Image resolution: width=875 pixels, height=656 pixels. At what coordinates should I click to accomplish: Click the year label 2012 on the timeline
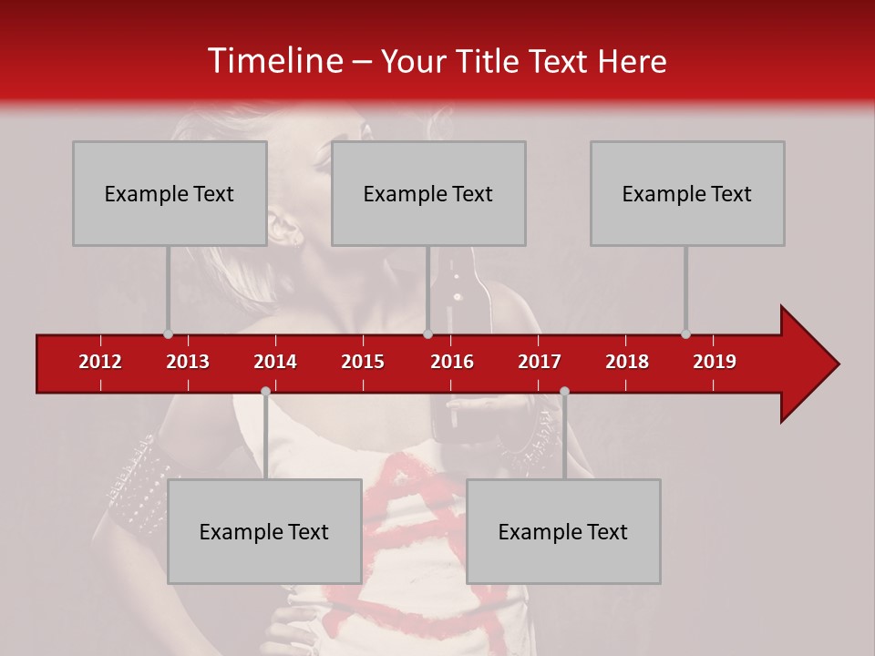100,362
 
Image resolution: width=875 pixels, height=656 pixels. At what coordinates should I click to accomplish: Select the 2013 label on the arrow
188,362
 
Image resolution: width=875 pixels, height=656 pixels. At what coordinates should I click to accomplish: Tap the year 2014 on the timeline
275,362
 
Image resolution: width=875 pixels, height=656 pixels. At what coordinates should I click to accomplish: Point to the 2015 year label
363,362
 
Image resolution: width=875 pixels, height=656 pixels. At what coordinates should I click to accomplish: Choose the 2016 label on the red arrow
452,362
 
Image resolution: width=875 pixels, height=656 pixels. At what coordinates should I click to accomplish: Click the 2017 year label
540,362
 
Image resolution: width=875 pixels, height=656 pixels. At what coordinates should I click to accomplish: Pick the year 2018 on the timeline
627,362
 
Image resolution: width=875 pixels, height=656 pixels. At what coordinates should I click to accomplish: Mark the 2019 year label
715,362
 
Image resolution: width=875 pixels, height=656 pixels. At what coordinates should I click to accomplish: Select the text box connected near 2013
170,193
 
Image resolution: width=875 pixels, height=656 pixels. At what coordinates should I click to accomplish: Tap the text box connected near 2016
428,193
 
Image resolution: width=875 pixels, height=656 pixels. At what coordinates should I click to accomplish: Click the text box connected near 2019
687,193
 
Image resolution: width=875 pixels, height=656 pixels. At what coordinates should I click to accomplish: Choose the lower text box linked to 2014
264,531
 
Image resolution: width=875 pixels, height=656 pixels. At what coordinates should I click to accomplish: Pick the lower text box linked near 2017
563,531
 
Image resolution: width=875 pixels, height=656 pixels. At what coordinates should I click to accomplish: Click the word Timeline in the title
273,61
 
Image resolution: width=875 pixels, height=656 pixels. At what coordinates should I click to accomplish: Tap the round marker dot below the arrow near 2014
265,391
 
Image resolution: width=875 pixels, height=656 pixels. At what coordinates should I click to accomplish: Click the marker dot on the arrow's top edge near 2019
685,333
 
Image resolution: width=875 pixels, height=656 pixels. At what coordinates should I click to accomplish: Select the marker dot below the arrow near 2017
564,391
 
